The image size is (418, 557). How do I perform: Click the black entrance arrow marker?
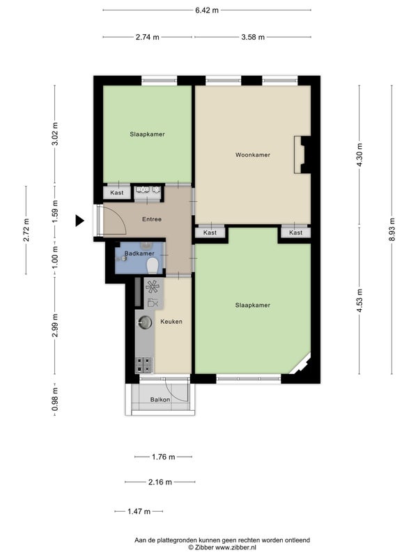[79, 221]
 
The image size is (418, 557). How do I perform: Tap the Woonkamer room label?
[253, 155]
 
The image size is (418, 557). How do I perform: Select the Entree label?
[152, 219]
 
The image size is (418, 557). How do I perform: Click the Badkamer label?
[139, 253]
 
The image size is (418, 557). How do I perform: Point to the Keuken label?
[171, 322]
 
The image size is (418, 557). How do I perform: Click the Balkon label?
[160, 400]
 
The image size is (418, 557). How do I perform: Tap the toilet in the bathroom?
[153, 265]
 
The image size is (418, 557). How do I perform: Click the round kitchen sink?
[145, 322]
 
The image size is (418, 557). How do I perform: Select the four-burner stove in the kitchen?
[144, 364]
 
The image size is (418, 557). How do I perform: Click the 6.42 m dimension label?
[207, 10]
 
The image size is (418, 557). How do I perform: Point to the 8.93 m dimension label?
[392, 230]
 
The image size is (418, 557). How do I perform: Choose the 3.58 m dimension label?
[253, 37]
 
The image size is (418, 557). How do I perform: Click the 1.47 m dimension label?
[139, 512]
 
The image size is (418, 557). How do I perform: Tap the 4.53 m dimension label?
[359, 301]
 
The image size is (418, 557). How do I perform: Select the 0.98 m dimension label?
[54, 400]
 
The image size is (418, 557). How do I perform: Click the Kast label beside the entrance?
[116, 193]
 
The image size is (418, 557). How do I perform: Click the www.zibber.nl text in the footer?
[235, 547]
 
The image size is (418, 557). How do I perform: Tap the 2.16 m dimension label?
[160, 482]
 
